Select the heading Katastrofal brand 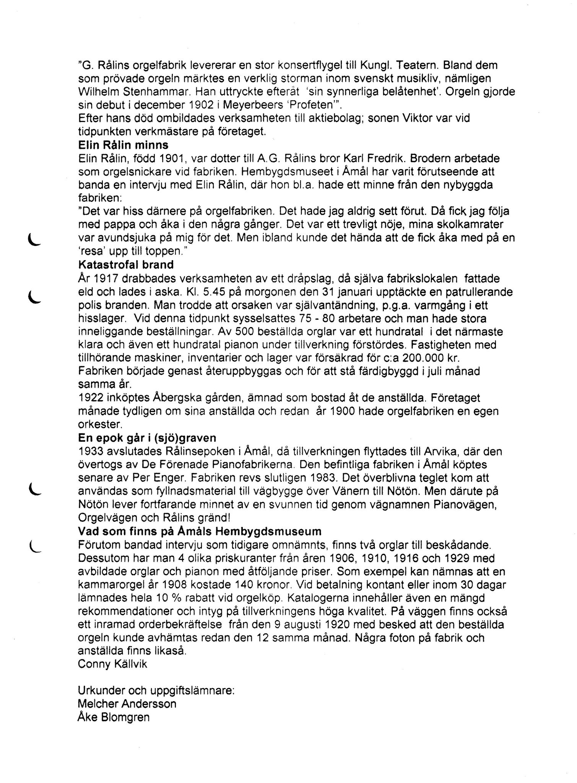tap(125, 265)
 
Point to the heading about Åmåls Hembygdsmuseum tap(199, 531)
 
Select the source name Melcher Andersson tap(127, 704)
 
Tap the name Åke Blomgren tap(113, 717)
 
